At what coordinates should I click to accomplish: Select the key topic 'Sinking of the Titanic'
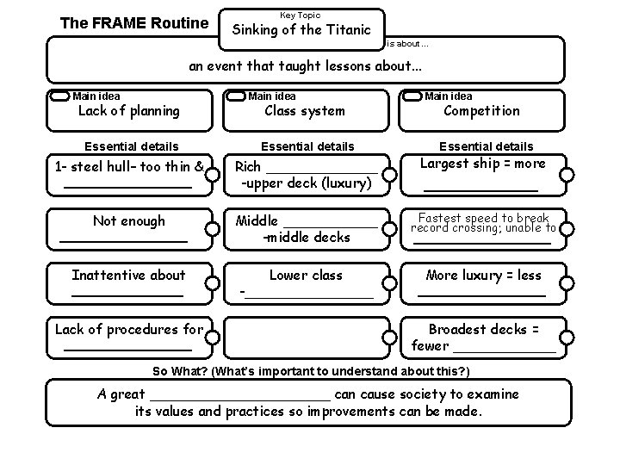pyautogui.click(x=301, y=29)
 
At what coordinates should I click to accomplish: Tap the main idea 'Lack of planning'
pyautogui.click(x=129, y=110)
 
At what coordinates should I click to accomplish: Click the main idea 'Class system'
pyautogui.click(x=304, y=110)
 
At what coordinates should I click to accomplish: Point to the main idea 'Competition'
pyautogui.click(x=481, y=110)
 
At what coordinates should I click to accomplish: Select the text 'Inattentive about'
pyautogui.click(x=128, y=276)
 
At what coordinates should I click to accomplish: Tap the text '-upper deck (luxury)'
pyautogui.click(x=306, y=183)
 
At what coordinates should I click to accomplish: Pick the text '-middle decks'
pyautogui.click(x=306, y=237)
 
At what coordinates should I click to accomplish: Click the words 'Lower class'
pyautogui.click(x=306, y=276)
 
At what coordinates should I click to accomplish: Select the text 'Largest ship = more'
pyautogui.click(x=482, y=164)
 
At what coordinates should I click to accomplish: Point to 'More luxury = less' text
pyautogui.click(x=483, y=276)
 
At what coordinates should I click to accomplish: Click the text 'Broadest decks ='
pyautogui.click(x=484, y=330)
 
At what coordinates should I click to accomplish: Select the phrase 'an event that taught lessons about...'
pyautogui.click(x=307, y=66)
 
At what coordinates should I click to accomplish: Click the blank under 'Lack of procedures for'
pyautogui.click(x=127, y=349)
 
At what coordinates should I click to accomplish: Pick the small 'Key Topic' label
pyautogui.click(x=301, y=15)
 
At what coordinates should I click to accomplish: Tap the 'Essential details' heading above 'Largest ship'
pyautogui.click(x=486, y=146)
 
